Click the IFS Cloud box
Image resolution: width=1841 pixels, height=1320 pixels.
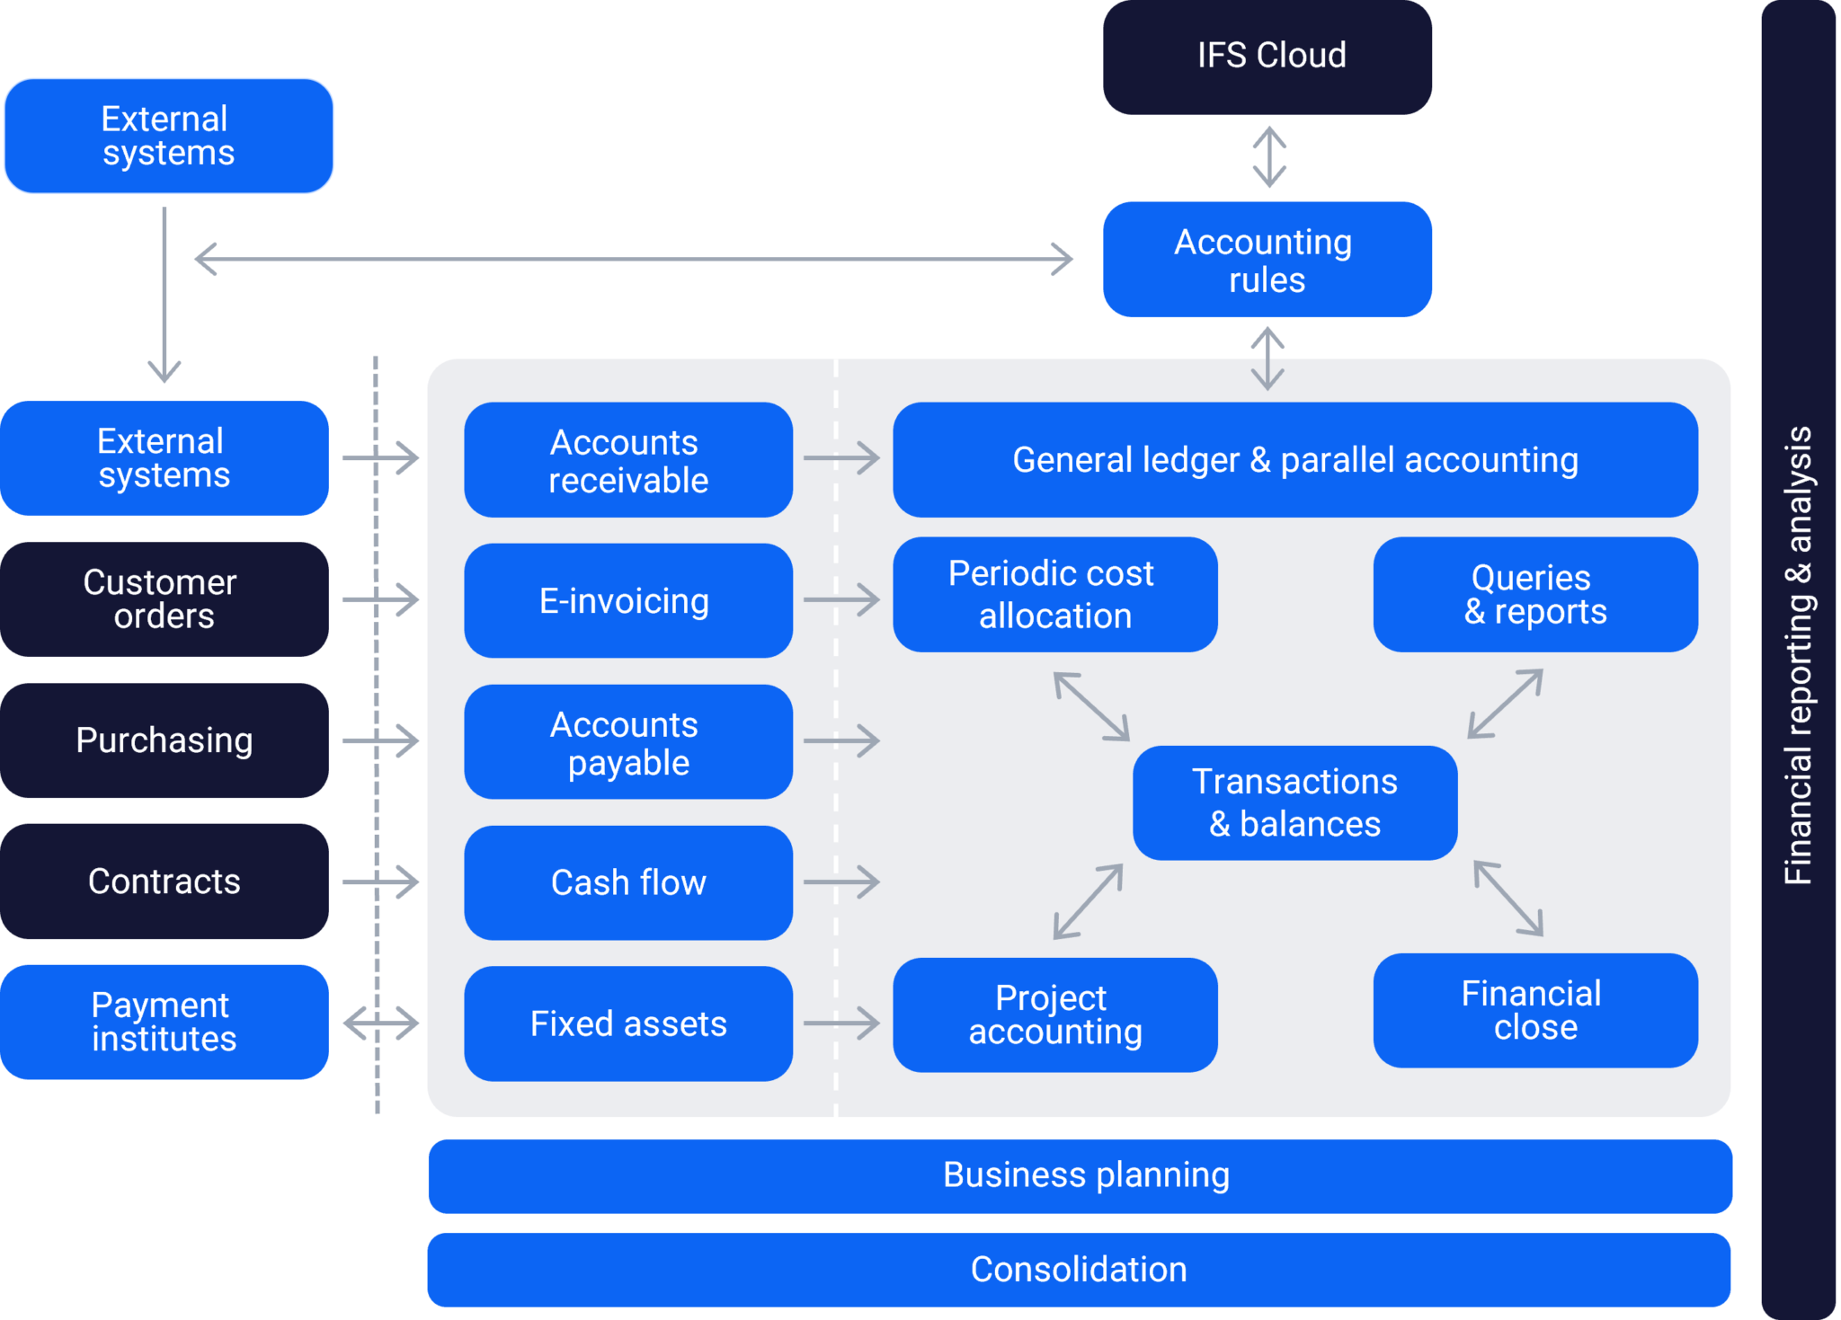1267,57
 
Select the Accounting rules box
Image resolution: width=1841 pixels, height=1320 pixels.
1267,260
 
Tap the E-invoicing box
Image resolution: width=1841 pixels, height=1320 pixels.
627,600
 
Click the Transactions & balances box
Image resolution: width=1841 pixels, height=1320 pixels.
1294,802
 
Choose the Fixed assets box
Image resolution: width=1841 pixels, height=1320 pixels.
627,1023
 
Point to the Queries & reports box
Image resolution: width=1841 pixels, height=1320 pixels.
1534,594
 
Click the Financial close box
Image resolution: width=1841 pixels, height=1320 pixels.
1534,1010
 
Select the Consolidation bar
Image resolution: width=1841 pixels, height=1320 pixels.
1079,1270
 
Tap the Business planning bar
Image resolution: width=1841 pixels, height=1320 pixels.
1079,1175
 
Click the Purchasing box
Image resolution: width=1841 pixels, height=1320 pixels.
164,740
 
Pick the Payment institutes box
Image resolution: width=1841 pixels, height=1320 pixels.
164,1022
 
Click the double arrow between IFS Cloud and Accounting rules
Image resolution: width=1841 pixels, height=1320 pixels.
1268,157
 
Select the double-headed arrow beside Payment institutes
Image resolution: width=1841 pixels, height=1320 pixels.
381,1023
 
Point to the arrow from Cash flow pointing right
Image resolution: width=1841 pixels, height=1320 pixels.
841,881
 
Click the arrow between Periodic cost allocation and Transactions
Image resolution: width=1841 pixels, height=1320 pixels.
1091,706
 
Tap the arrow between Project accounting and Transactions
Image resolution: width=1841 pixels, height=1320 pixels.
1088,901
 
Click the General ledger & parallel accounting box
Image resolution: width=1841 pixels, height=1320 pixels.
1294,459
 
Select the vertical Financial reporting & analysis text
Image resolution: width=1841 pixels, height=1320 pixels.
1798,656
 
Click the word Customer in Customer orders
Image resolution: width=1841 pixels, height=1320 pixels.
160,582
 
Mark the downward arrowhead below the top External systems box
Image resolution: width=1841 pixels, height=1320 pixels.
165,370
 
